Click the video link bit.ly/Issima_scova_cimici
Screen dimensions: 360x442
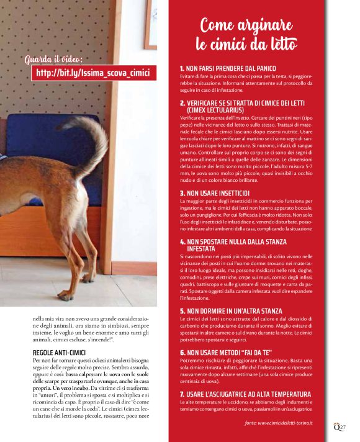click(93, 73)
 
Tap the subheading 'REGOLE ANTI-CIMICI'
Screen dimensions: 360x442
click(54, 353)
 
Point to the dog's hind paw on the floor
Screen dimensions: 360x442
click(65, 295)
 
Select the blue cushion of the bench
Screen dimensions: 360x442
click(37, 146)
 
